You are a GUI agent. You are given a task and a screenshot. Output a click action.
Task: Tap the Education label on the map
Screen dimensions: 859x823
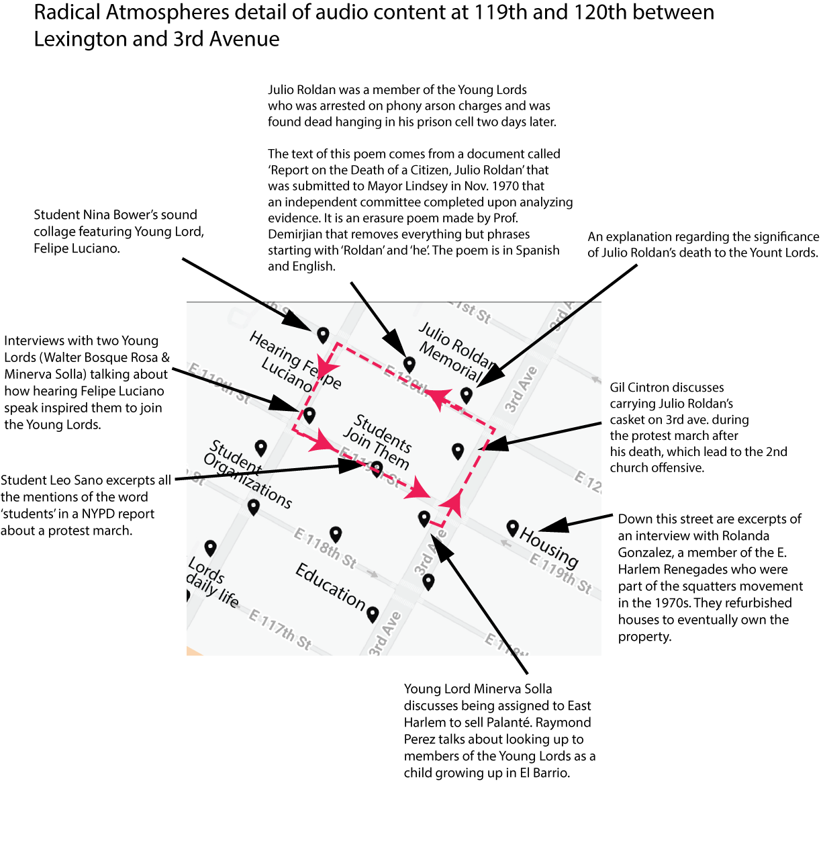(x=330, y=586)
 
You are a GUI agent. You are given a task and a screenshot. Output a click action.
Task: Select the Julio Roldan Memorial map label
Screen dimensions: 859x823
(x=454, y=351)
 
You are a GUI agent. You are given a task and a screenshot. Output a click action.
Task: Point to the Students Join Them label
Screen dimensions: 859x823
(x=379, y=441)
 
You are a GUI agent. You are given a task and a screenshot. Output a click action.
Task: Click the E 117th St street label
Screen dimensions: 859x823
(x=281, y=629)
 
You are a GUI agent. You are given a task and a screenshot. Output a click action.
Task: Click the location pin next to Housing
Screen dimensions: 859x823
(x=512, y=528)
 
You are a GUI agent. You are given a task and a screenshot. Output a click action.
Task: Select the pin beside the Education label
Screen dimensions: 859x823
(x=373, y=613)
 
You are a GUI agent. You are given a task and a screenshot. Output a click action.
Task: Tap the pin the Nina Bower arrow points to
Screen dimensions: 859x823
(x=323, y=334)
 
